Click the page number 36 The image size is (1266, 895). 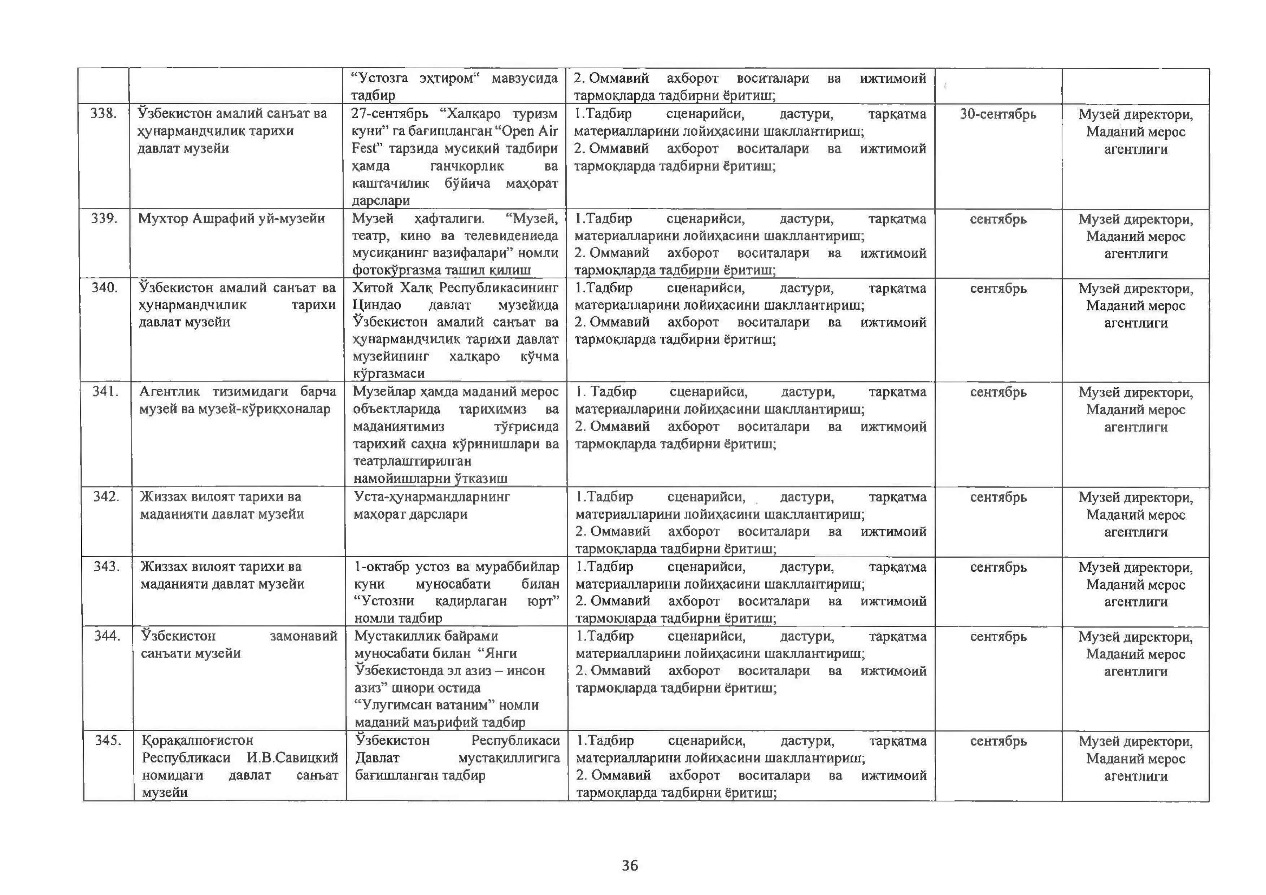pos(629,865)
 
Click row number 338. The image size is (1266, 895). pos(104,114)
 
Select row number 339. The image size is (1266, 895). pos(104,218)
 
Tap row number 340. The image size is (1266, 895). pos(105,288)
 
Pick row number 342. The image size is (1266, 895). pos(106,497)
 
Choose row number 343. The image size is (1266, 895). pos(106,567)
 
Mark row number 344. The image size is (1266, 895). pos(107,636)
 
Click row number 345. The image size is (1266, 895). pos(108,740)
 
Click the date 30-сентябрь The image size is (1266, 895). pos(998,114)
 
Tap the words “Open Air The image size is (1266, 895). pos(522,131)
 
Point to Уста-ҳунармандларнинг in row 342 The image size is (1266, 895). pos(432,497)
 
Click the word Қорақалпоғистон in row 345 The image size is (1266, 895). pos(197,741)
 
